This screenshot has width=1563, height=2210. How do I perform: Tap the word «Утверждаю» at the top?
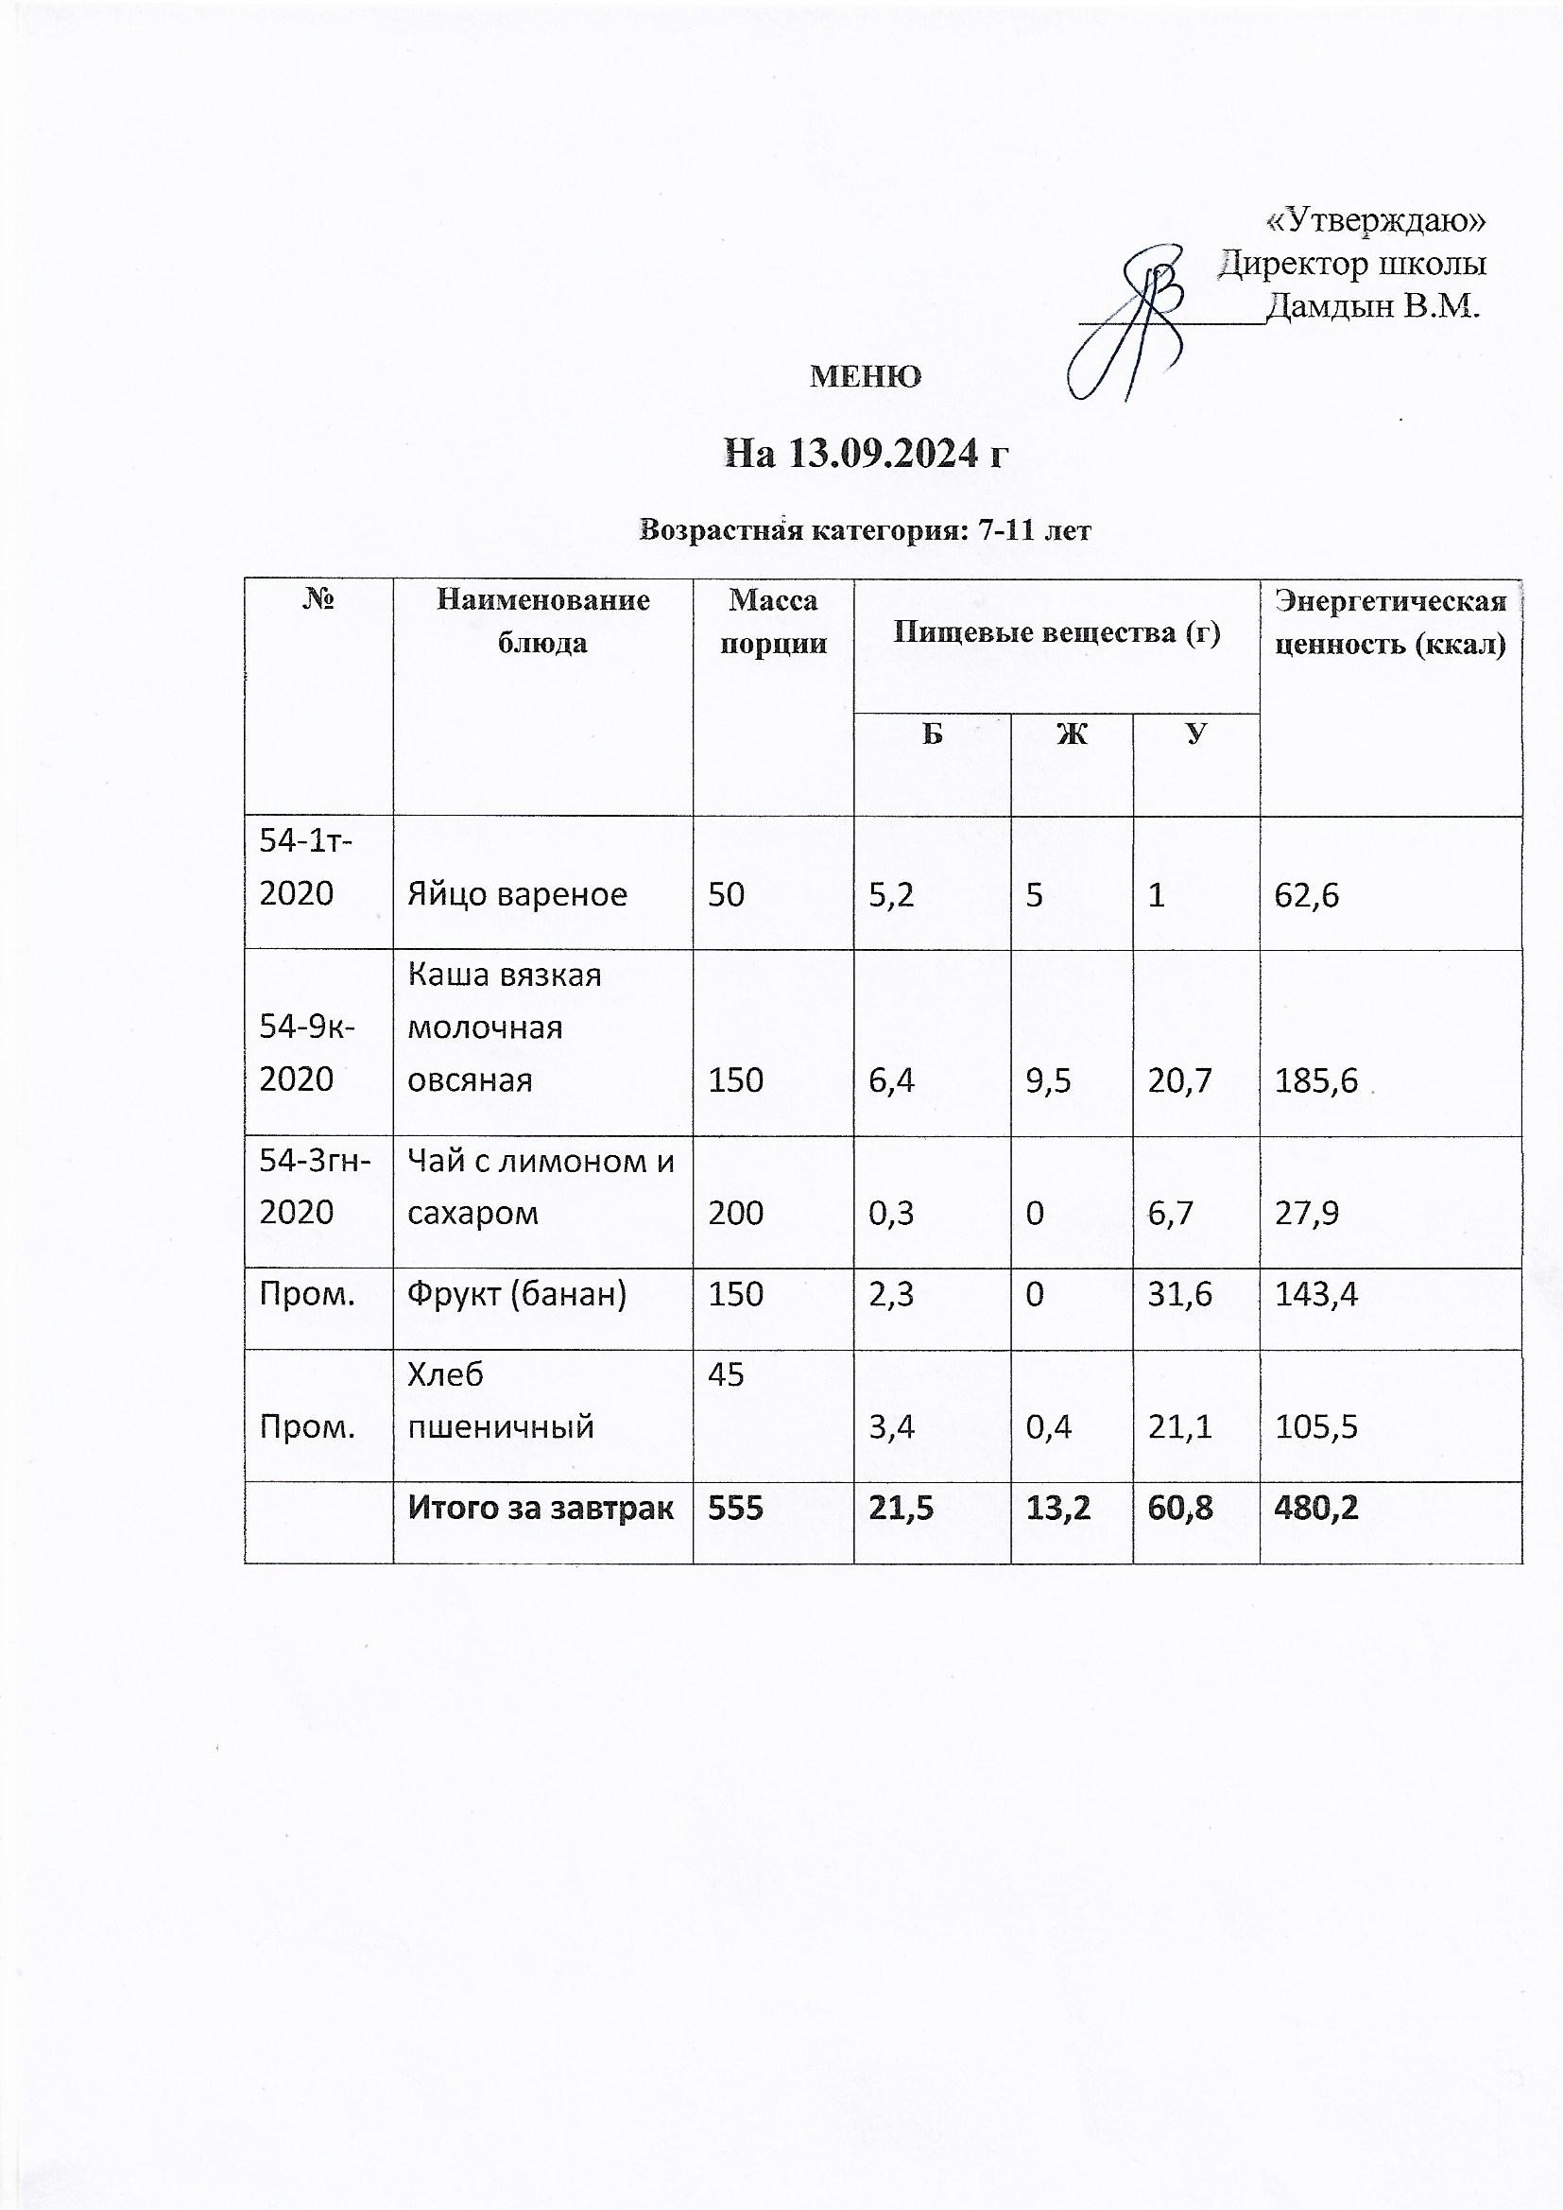(1375, 221)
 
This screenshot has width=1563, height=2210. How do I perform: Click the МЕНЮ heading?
(866, 376)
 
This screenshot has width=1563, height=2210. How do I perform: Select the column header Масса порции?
(773, 622)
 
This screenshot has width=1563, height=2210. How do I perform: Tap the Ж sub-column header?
(1072, 734)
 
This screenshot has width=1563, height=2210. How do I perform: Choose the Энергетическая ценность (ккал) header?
(1390, 623)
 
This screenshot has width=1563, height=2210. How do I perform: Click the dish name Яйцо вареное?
(517, 895)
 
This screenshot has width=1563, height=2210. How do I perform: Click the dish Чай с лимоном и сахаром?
(541, 1187)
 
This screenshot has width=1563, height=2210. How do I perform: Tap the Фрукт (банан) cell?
(517, 1295)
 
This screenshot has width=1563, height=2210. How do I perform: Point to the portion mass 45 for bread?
(726, 1375)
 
